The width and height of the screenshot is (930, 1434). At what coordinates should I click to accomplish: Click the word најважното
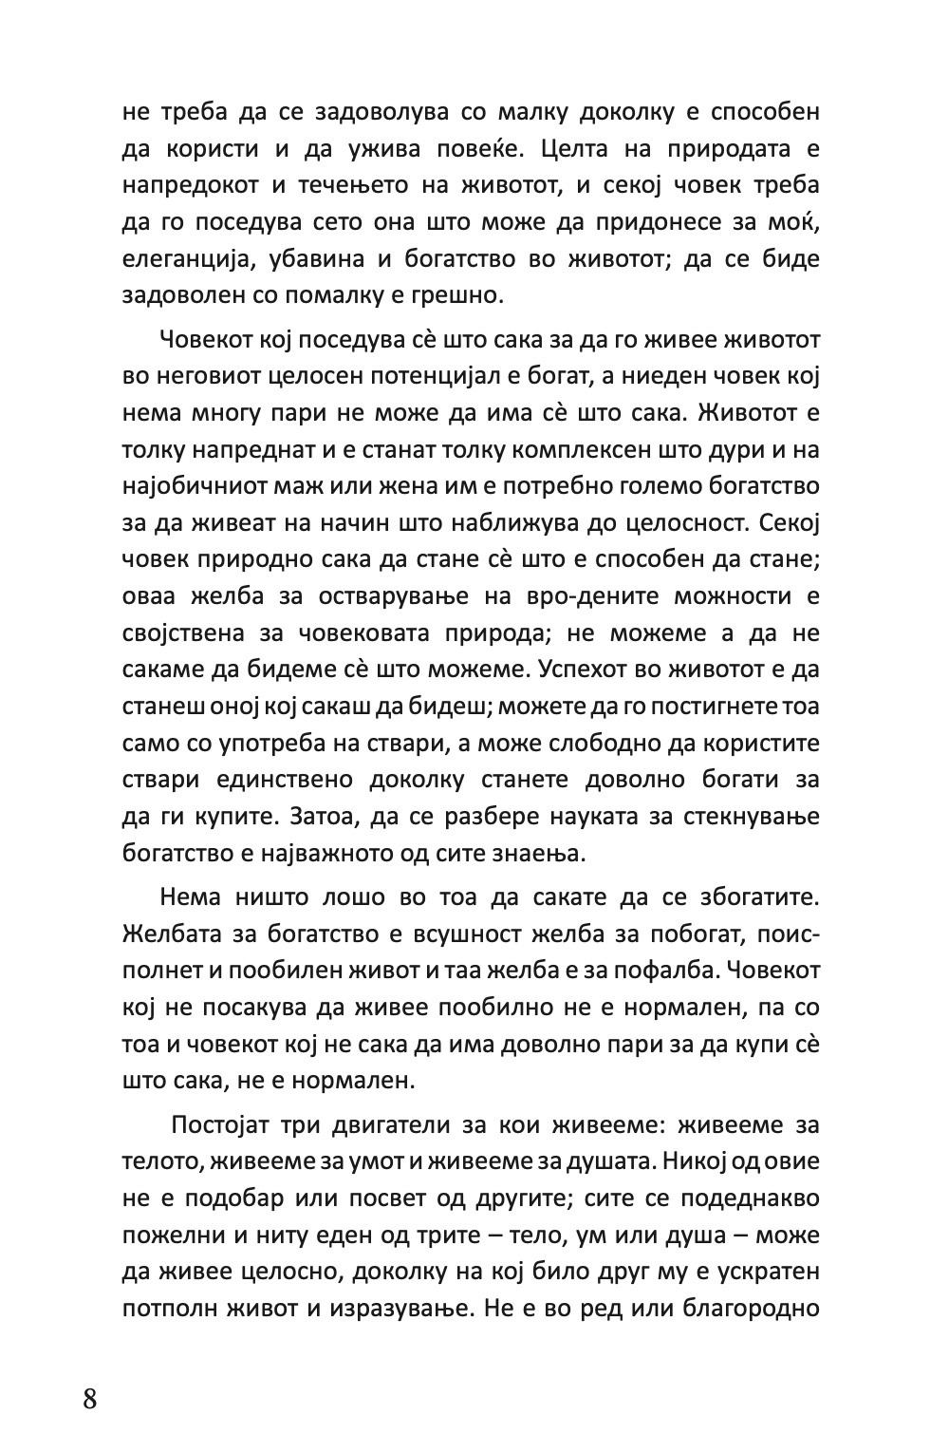pyautogui.click(x=335, y=853)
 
